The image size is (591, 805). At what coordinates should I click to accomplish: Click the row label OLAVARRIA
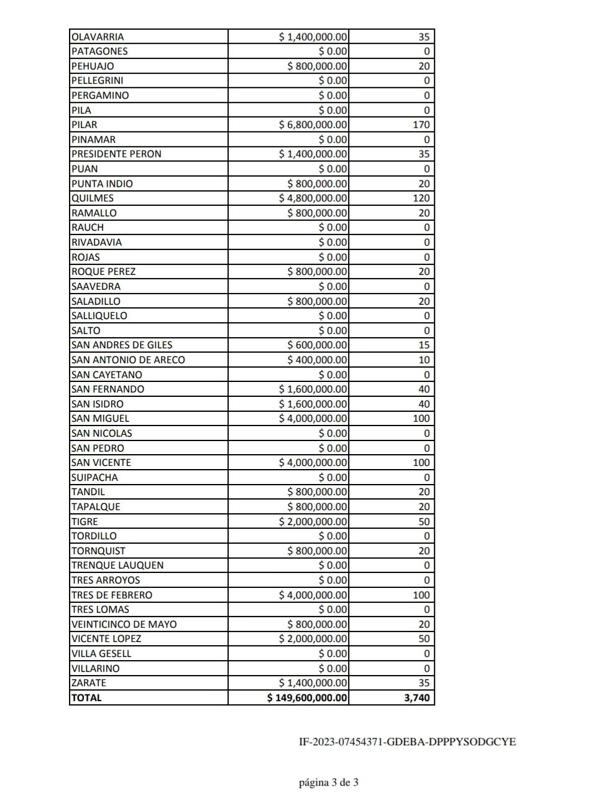point(98,37)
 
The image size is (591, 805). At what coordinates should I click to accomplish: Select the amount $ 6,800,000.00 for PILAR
point(313,124)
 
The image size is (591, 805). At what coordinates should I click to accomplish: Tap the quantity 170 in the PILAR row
point(421,124)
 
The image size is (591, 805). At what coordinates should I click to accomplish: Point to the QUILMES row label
point(93,198)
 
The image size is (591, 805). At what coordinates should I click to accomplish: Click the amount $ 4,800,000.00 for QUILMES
point(313,198)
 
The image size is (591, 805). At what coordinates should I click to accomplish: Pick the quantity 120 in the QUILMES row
point(421,198)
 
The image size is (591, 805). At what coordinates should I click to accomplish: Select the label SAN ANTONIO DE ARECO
point(128,360)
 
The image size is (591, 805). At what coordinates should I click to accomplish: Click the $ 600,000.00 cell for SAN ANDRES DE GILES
point(318,345)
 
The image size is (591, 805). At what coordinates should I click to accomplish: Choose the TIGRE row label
point(85,521)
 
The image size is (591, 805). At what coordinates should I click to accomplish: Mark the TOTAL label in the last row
point(86,697)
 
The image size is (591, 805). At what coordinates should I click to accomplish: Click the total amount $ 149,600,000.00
point(308,697)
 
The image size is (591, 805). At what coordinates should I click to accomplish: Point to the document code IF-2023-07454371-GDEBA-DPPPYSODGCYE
point(407,742)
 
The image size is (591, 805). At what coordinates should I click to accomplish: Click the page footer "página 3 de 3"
point(328,783)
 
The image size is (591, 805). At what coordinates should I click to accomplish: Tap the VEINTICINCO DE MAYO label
point(124,624)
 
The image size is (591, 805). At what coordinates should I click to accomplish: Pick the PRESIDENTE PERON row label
point(116,154)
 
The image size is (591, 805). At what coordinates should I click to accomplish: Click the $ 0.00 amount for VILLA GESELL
point(333,653)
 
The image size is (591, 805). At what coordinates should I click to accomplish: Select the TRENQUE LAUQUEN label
point(117,565)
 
